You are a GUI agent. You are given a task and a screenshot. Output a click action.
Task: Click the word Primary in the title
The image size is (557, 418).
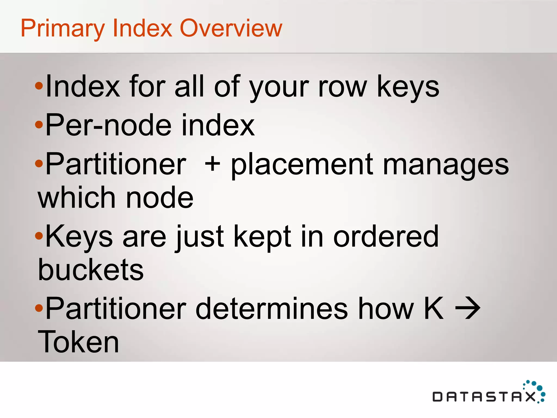point(63,29)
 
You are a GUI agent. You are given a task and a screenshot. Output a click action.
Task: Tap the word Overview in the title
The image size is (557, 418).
point(231,28)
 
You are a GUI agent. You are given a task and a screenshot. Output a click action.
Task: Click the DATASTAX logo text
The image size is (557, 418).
point(484,397)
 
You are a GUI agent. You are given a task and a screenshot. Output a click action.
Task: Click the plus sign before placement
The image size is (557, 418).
point(212,164)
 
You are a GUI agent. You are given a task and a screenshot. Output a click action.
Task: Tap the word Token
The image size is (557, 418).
point(78,342)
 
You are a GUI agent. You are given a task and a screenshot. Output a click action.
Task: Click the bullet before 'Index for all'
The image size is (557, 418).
point(39,86)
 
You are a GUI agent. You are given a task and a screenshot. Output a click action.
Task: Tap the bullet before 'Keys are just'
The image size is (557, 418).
point(39,236)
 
